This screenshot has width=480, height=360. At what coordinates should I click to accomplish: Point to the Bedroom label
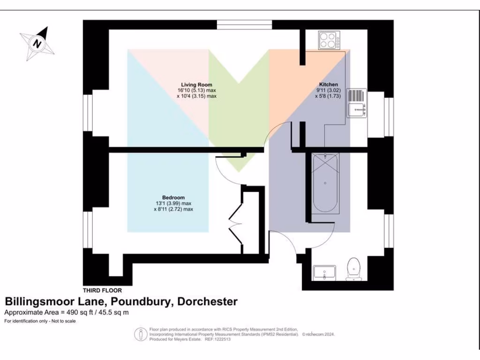173,197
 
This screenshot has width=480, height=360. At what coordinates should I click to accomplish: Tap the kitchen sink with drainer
357,103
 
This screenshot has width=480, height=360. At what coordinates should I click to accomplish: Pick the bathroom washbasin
324,271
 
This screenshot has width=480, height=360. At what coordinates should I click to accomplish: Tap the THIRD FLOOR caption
102,291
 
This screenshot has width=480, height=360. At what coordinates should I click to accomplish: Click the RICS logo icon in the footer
141,334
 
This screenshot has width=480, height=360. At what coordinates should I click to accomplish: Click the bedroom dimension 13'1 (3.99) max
173,203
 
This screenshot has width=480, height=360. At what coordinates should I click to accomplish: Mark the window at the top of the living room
244,25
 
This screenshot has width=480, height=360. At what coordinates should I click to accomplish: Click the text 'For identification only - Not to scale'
40,322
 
